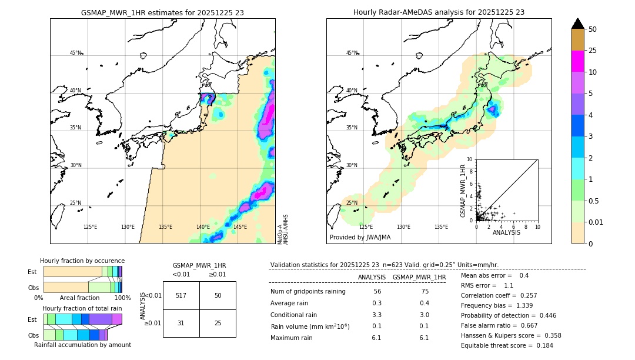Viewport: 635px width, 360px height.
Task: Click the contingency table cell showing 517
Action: tap(181, 295)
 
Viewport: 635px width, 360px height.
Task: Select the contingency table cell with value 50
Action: tap(218, 295)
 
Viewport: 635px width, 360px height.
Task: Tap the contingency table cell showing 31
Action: tap(181, 324)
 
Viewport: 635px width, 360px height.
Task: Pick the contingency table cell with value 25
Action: tap(218, 324)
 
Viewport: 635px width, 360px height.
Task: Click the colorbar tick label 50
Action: tap(593, 29)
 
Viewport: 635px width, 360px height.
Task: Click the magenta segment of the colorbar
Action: tap(578, 61)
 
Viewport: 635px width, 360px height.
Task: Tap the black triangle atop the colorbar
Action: tap(578, 24)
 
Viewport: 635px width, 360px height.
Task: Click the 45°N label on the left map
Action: tap(75, 53)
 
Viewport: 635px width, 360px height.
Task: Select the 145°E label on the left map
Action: tap(240, 227)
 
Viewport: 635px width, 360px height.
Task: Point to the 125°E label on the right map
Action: tap(366, 227)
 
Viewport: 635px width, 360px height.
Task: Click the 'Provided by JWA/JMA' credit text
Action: tap(360, 237)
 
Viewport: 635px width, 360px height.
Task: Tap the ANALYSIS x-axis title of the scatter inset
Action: tap(506, 232)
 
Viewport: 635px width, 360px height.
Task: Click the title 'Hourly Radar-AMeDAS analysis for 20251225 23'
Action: tap(439, 12)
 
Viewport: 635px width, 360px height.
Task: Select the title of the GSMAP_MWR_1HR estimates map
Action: tap(162, 12)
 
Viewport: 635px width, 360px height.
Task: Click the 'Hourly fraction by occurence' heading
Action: tap(82, 261)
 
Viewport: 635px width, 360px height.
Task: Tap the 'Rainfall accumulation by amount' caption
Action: tap(82, 345)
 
